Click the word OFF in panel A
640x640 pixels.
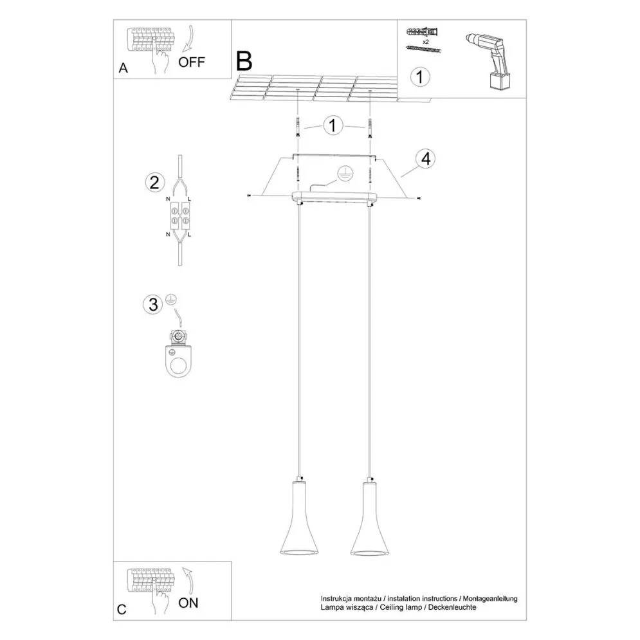pos(191,62)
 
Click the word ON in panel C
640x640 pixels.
pos(188,603)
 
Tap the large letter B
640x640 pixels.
pos(244,60)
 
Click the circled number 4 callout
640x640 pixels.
pos(423,158)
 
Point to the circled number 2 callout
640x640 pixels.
pos(153,182)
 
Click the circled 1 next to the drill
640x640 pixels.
pos(419,77)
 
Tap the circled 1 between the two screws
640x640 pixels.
pos(333,125)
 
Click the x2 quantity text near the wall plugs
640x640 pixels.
pos(426,41)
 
